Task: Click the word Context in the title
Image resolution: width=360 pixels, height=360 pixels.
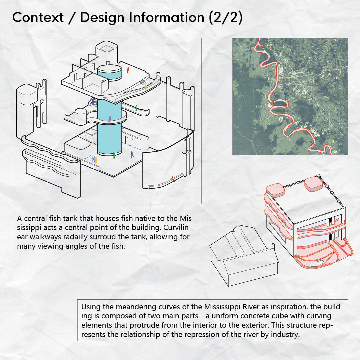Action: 38,18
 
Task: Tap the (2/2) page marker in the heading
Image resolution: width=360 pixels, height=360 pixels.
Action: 226,18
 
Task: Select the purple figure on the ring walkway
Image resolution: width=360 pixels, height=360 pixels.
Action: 110,119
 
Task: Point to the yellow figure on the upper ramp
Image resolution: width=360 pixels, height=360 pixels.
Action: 146,88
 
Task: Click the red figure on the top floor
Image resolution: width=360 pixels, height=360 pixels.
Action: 128,70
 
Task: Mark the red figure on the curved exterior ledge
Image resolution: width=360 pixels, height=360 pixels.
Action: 173,179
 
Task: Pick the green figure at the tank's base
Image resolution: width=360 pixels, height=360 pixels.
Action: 114,155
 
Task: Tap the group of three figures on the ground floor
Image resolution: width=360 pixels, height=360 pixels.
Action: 94,159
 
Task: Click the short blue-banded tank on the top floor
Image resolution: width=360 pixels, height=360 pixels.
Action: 109,73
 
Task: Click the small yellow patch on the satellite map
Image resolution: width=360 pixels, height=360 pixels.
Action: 333,142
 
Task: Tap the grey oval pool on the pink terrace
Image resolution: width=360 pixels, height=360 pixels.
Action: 315,263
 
